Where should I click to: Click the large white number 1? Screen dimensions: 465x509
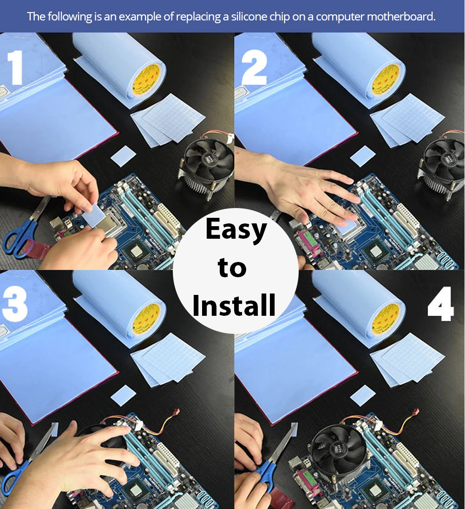(x=15, y=67)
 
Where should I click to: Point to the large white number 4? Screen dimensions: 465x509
(x=440, y=304)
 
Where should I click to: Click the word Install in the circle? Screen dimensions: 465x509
(x=234, y=305)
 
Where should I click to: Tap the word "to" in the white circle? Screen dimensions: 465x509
(x=232, y=268)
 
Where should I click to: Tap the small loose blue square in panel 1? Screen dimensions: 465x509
(x=124, y=156)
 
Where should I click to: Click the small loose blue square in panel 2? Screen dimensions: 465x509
(x=363, y=156)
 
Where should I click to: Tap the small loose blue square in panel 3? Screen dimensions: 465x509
(x=124, y=395)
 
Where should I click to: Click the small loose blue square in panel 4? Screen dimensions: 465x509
(x=363, y=395)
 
